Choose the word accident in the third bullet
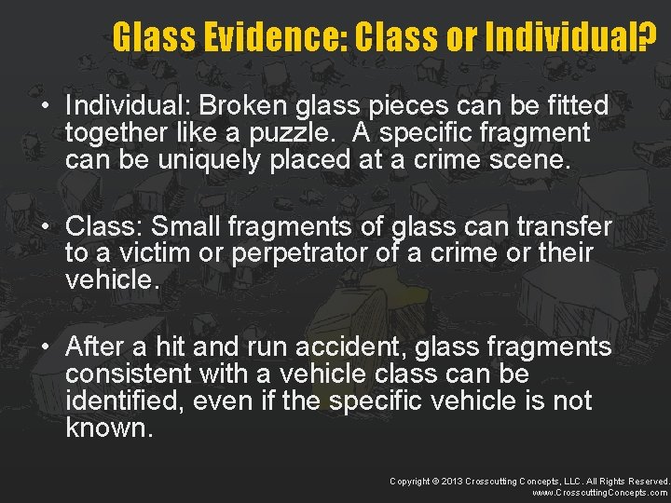tap(339, 347)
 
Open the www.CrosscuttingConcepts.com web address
tap(599, 492)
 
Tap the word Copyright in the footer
tap(411, 480)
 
